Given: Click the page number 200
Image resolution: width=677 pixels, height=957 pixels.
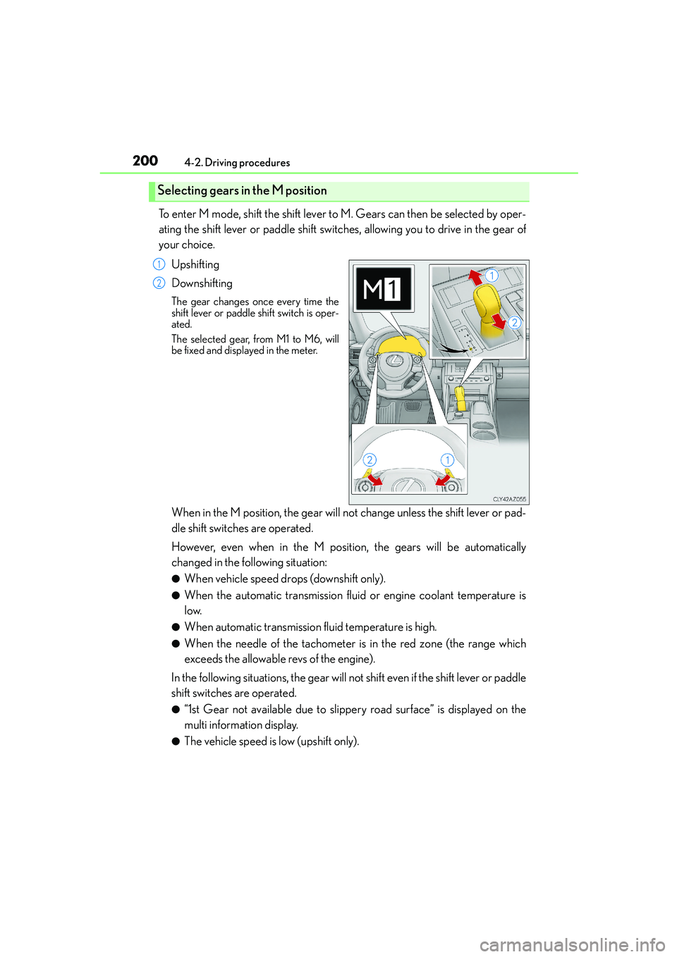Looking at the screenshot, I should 145,161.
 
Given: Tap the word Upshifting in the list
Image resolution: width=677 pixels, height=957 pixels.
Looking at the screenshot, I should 195,264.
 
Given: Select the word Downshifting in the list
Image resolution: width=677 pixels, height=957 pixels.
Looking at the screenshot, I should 202,283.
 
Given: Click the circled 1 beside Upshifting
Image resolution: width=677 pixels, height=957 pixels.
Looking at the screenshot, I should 159,264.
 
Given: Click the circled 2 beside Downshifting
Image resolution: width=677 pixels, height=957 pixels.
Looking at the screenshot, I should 159,283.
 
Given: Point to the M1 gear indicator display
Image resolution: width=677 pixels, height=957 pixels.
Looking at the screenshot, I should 383,289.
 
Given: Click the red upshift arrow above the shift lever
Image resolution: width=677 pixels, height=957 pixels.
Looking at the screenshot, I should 477,277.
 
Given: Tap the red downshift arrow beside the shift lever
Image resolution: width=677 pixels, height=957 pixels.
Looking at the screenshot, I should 499,322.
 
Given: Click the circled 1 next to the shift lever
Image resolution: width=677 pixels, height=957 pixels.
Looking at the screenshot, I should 492,276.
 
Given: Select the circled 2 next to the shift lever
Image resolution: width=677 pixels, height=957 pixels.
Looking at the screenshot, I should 515,323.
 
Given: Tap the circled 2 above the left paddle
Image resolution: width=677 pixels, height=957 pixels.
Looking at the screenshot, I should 370,460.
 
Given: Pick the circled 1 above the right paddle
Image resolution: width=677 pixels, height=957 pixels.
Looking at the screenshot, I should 447,460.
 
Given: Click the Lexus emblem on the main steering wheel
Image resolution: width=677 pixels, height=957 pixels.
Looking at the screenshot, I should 397,362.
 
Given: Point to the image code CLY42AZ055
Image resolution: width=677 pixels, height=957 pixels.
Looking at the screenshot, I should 509,499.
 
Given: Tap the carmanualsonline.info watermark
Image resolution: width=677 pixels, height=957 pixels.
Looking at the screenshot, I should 572,944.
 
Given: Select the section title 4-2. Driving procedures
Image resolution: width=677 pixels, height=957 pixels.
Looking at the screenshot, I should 237,163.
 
